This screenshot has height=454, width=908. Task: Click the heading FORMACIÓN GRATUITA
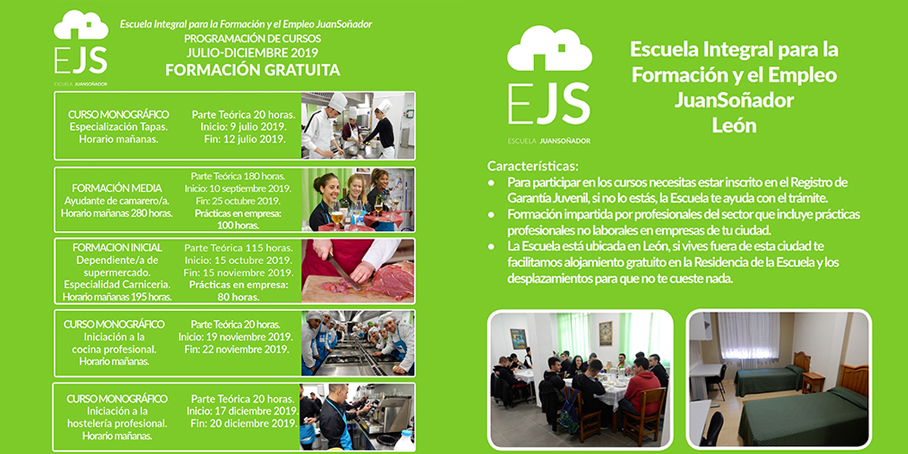(x=253, y=70)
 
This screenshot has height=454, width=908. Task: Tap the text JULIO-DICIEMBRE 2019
(x=252, y=53)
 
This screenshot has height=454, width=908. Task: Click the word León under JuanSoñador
(x=734, y=126)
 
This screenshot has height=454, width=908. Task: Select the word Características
(x=533, y=166)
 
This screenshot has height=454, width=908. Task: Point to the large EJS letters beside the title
(x=549, y=104)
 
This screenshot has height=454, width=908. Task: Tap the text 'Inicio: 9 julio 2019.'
(x=243, y=127)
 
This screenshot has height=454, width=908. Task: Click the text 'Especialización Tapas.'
(x=118, y=127)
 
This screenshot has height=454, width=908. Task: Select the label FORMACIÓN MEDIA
(x=117, y=188)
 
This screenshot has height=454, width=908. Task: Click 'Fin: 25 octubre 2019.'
(x=238, y=201)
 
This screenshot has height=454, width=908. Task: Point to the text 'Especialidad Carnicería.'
(x=117, y=285)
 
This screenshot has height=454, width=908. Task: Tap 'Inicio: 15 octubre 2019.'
(x=238, y=260)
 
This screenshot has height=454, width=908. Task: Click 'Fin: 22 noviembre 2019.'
(x=237, y=350)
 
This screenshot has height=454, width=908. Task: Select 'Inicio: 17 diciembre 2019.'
(x=242, y=411)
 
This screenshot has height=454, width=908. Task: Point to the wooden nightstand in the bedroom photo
(x=813, y=382)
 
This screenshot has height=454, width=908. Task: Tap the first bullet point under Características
(x=491, y=183)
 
